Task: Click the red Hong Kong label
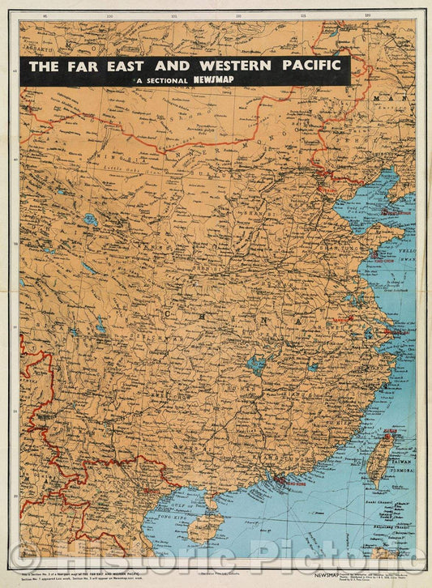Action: pyautogui.click(x=289, y=480)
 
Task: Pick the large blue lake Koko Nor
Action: pyautogui.click(x=90, y=219)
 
